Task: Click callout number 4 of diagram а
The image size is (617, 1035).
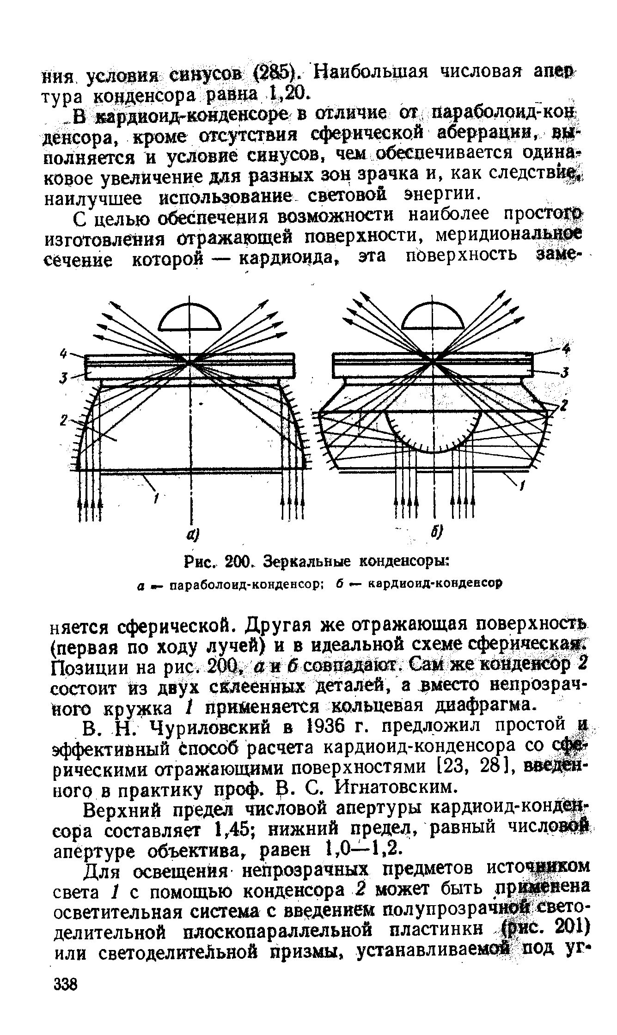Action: [x=64, y=354]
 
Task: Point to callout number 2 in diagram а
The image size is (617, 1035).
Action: [x=64, y=420]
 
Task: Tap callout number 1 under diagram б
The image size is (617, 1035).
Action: [x=522, y=486]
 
